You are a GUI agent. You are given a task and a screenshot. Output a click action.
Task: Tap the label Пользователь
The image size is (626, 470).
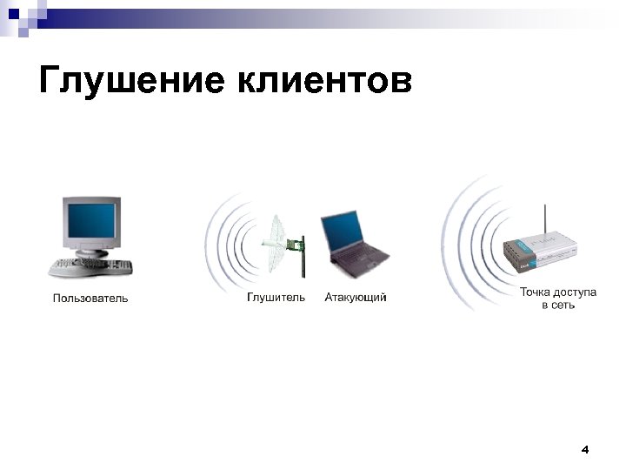pos(90,299)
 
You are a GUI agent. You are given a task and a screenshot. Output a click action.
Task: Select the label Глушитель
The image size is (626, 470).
pos(276,298)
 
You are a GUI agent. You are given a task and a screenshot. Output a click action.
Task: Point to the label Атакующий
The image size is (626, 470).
pos(356,298)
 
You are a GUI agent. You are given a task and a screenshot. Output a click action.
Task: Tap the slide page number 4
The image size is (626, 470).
pos(584,450)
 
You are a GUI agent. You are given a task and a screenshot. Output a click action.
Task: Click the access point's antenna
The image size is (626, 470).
pos(544,222)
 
